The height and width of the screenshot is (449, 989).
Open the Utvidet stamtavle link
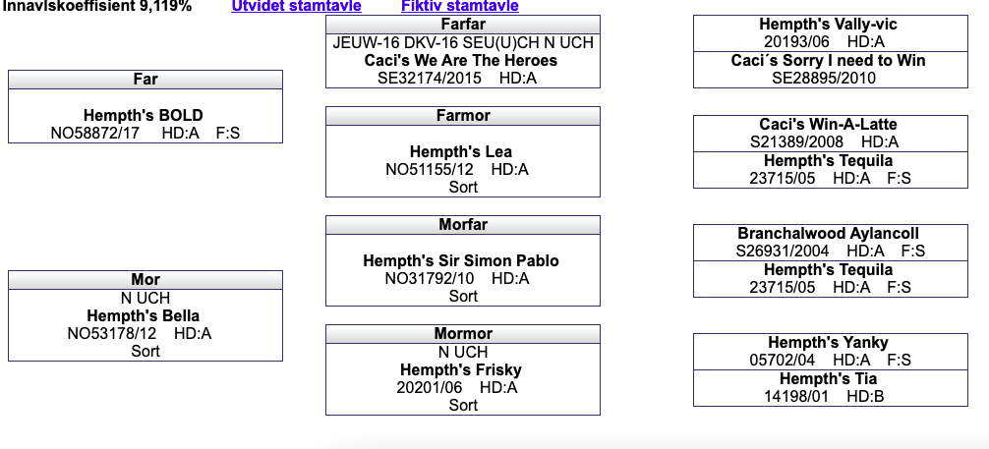tap(297, 6)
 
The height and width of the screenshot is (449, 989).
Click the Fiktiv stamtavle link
tap(460, 6)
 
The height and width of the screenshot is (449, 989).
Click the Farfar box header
tap(463, 25)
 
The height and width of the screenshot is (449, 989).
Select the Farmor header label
tap(463, 115)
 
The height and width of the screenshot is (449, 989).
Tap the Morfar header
tap(463, 224)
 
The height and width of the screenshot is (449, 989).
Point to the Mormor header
tap(463, 334)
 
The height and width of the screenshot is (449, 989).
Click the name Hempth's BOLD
tap(144, 115)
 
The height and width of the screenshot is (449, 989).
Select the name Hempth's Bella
tap(144, 316)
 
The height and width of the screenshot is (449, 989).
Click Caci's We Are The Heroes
tap(461, 61)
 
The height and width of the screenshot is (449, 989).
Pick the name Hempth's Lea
tap(461, 152)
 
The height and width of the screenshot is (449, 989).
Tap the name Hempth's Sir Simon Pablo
tap(461, 261)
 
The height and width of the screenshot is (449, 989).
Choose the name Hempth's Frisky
tap(461, 369)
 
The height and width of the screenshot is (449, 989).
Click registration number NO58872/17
tap(95, 133)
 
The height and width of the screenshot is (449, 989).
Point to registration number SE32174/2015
tap(430, 79)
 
